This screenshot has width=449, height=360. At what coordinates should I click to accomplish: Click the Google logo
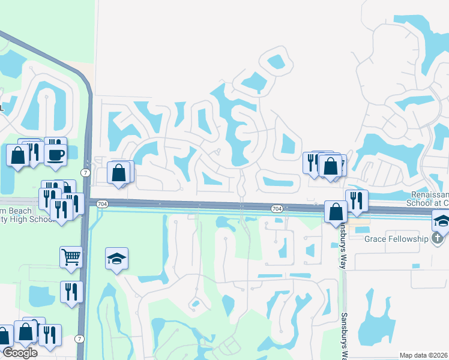pyautogui.click(x=19, y=353)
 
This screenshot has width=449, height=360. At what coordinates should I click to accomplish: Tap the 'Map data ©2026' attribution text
pyautogui.click(x=424, y=355)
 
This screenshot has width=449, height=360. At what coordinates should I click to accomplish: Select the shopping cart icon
pyautogui.click(x=71, y=257)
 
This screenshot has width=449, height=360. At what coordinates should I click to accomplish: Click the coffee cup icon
pyautogui.click(x=56, y=154)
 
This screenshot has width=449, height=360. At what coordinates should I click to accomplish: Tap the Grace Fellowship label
pyautogui.click(x=396, y=239)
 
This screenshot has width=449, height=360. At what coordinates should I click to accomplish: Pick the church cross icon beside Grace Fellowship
pyautogui.click(x=438, y=238)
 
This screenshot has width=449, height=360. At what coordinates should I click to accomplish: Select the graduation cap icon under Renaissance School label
pyautogui.click(x=441, y=221)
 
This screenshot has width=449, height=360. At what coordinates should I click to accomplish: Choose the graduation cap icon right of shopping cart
pyautogui.click(x=116, y=259)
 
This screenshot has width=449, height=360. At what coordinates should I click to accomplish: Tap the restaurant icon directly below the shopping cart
pyautogui.click(x=71, y=292)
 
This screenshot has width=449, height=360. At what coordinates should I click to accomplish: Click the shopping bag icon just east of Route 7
pyautogui.click(x=119, y=173)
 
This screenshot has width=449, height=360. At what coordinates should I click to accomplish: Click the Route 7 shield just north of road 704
pyautogui.click(x=86, y=173)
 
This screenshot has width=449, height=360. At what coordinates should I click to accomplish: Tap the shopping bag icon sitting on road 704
pyautogui.click(x=336, y=211)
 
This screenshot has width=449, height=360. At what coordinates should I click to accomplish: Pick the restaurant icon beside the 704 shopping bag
pyautogui.click(x=357, y=200)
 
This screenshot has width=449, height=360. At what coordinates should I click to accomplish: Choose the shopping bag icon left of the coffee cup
pyautogui.click(x=18, y=155)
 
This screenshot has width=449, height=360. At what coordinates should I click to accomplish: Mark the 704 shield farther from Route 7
pyautogui.click(x=276, y=208)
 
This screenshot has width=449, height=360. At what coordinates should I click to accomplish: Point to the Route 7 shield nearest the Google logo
pyautogui.click(x=79, y=339)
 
